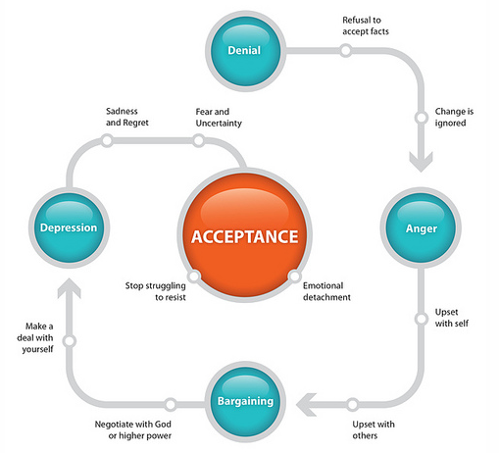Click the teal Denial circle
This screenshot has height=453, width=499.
[245, 51]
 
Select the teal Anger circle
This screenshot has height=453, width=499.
[421, 227]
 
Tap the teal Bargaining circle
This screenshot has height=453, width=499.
[245, 402]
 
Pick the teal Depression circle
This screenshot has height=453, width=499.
[69, 227]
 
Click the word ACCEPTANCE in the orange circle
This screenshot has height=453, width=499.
[245, 236]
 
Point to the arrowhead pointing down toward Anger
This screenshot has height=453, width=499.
[421, 162]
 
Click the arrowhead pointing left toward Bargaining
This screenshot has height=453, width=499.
[306, 404]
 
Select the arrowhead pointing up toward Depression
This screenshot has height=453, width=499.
[70, 288]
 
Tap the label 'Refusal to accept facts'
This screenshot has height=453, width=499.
[366, 25]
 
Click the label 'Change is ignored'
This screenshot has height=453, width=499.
[454, 117]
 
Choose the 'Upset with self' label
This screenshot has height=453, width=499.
[452, 318]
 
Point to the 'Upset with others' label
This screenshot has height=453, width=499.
[374, 429]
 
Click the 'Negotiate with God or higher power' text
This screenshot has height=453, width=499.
[133, 429]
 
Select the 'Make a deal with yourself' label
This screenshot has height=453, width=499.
[35, 337]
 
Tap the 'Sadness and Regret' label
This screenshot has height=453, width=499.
[127, 117]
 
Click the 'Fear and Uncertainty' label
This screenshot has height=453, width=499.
[219, 118]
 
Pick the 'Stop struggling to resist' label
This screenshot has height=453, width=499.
[156, 291]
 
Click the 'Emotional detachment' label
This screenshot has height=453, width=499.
[326, 291]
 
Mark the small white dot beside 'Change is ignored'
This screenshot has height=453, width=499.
[422, 118]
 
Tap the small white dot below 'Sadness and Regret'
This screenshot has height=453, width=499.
[107, 141]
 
